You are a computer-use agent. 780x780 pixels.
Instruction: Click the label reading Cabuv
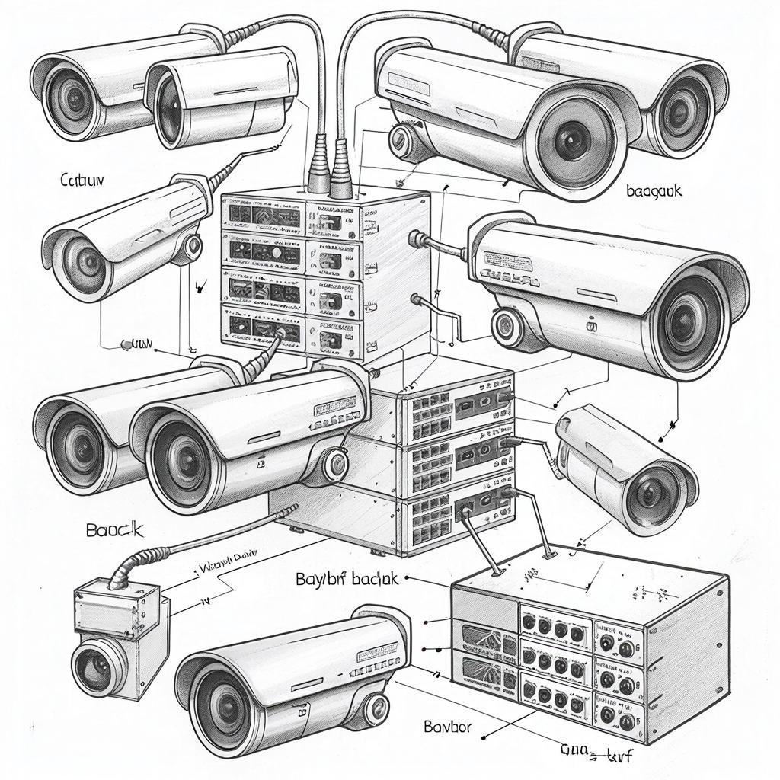click(82, 181)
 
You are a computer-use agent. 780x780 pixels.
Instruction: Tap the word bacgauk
click(654, 190)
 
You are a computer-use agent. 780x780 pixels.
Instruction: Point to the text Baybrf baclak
click(347, 579)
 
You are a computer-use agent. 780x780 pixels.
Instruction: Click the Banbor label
click(447, 727)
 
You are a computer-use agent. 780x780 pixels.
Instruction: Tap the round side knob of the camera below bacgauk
click(506, 326)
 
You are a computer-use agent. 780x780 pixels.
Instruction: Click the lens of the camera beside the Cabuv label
click(79, 258)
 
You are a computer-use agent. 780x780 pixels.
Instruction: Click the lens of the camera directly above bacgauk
click(575, 141)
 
